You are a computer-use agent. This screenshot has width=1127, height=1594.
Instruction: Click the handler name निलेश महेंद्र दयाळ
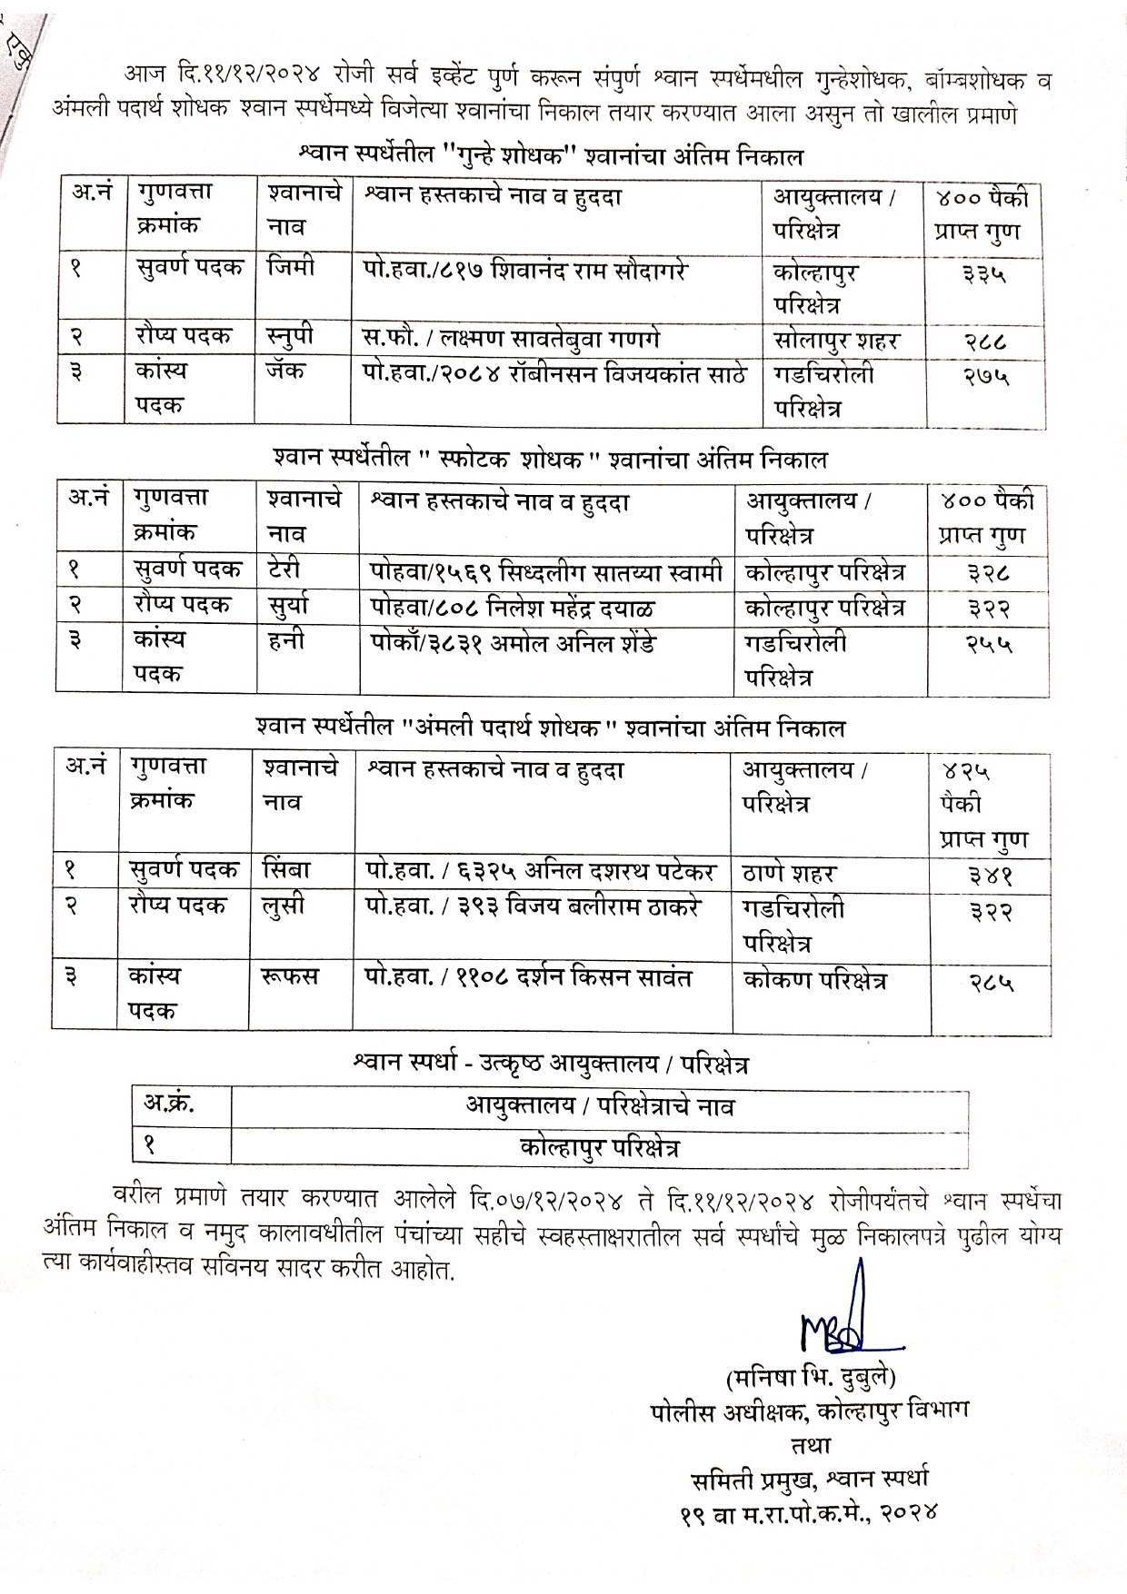click(x=524, y=606)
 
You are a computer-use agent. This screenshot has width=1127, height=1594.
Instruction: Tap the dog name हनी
click(x=285, y=640)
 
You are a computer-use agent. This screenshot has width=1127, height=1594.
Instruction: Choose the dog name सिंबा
click(x=287, y=869)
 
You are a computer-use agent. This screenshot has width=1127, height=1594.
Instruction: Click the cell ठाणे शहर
click(x=789, y=873)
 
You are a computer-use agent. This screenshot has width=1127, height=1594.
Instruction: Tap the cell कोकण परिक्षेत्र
click(x=814, y=979)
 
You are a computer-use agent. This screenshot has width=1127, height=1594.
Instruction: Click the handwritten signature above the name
click(x=842, y=1322)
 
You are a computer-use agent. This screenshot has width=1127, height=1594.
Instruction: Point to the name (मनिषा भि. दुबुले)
click(x=812, y=1377)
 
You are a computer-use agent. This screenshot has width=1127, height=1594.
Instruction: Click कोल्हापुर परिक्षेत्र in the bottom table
click(x=600, y=1147)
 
